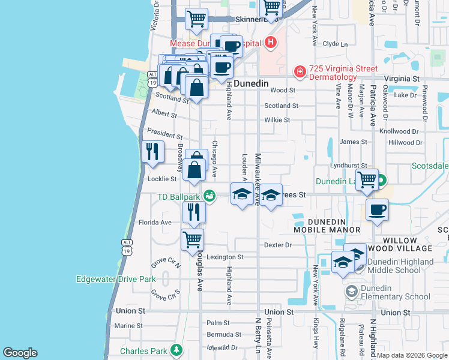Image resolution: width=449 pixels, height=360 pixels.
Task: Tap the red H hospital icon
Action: click(271, 43)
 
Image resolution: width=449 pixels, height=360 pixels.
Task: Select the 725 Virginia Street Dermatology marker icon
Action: click(299, 72)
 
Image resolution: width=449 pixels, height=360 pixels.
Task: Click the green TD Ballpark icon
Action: click(209, 196)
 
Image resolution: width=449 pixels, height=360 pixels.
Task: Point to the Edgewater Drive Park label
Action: click(116, 279)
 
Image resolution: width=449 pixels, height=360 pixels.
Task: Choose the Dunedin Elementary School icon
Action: click(351, 292)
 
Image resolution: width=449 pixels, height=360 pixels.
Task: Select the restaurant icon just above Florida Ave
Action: click(194, 211)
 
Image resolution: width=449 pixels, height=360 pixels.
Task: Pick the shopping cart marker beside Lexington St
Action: click(193, 239)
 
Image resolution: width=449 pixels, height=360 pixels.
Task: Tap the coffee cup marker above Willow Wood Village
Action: click(377, 210)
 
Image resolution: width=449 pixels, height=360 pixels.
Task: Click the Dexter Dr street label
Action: click(277, 245)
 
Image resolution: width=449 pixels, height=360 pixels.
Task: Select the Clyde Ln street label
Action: click(335, 44)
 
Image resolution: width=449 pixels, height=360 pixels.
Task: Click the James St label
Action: click(353, 142)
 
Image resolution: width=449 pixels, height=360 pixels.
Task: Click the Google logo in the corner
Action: click(20, 353)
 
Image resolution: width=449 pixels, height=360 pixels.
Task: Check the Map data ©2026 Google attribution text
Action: click(412, 355)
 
